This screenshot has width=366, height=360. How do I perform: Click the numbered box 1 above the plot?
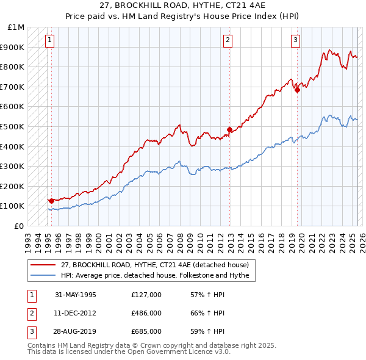point(49,41)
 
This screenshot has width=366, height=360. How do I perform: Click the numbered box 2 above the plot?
point(228,41)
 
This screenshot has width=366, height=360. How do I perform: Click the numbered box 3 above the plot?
point(295,41)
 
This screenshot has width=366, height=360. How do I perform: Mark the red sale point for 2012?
point(230,129)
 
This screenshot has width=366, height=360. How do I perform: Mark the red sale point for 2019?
point(297,90)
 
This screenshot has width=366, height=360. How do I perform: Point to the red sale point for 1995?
point(51,200)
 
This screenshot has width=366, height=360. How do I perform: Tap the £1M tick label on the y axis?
point(16,27)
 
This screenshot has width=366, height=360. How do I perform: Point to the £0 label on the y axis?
point(20,226)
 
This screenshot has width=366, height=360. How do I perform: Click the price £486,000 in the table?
point(146,313)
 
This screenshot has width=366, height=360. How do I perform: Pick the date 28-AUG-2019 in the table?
point(76,331)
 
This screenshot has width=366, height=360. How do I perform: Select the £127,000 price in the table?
point(146,295)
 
